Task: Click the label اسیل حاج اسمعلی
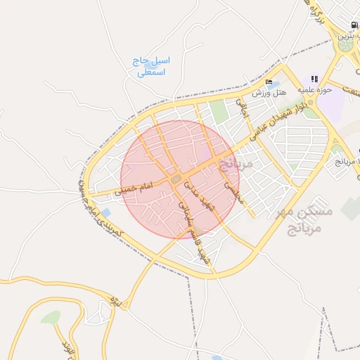(x=150, y=66)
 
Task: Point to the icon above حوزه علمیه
(x=314, y=79)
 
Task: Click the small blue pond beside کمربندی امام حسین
(x=105, y=212)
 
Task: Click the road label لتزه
(x=116, y=303)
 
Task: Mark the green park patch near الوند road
(x=51, y=318)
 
